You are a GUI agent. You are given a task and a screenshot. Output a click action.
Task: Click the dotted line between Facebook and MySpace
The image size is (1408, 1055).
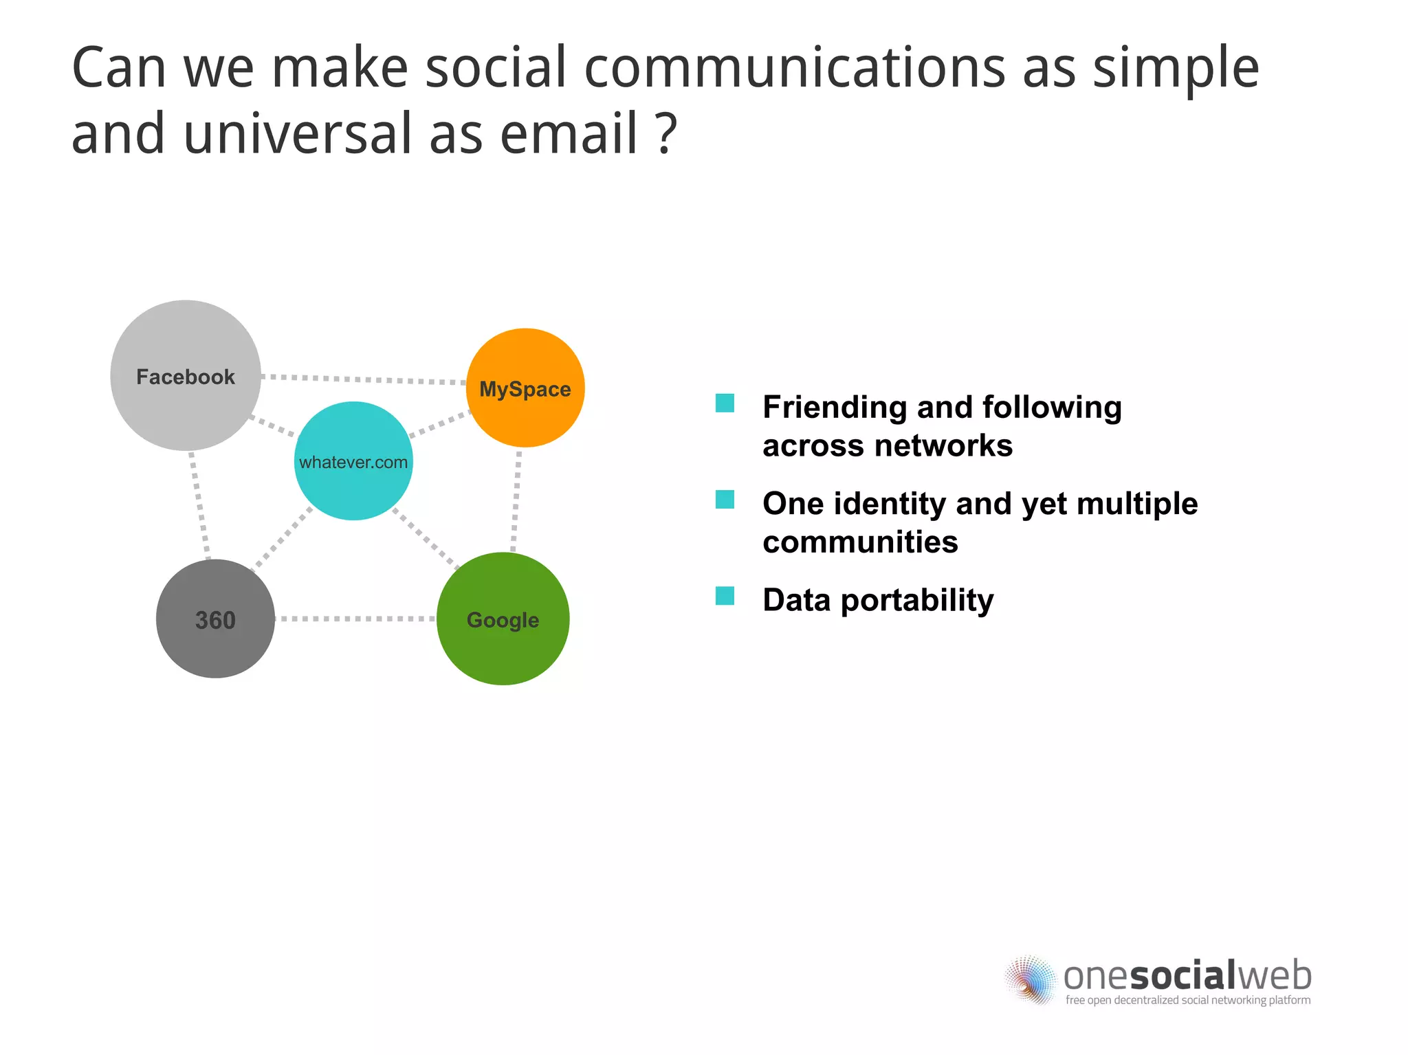click(364, 379)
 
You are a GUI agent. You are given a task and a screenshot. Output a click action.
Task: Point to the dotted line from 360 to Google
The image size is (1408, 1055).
click(355, 619)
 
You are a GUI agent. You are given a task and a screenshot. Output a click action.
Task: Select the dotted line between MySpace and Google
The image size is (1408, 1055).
click(516, 500)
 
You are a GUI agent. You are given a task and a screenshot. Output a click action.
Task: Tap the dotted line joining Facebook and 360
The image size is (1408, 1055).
click(199, 504)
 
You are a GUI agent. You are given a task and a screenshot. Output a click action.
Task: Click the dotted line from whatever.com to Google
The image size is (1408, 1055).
click(426, 538)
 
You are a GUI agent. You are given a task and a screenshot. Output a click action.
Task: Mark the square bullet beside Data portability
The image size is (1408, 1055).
click(725, 596)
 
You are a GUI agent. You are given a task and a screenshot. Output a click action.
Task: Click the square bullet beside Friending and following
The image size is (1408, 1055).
click(725, 403)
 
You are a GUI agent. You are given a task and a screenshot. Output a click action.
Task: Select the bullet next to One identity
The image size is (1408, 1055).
click(725, 500)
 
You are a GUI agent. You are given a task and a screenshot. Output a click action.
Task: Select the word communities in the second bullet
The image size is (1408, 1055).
click(860, 542)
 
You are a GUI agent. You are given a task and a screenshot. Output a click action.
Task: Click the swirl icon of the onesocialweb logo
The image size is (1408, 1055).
click(1029, 979)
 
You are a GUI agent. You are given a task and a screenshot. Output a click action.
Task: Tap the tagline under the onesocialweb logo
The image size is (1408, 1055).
click(1187, 1000)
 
